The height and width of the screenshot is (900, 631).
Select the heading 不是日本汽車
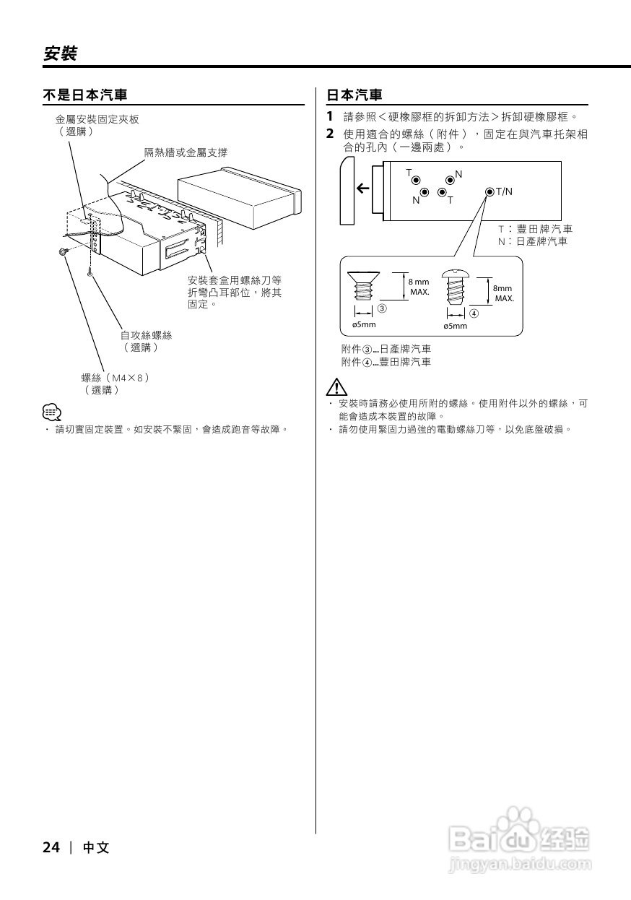click(x=85, y=95)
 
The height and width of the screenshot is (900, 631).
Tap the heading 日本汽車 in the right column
click(x=354, y=95)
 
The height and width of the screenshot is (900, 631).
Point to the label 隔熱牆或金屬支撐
click(x=186, y=152)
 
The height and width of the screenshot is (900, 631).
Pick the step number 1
click(x=329, y=116)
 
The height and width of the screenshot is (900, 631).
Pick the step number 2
click(x=329, y=134)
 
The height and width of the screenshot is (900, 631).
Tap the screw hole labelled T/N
click(x=490, y=191)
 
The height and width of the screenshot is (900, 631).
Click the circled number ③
click(x=382, y=308)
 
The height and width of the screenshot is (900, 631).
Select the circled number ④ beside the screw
click(x=474, y=313)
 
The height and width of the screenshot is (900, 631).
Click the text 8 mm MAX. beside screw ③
click(x=419, y=287)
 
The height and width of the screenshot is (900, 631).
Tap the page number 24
click(x=51, y=847)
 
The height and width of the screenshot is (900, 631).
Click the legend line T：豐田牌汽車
click(x=535, y=229)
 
